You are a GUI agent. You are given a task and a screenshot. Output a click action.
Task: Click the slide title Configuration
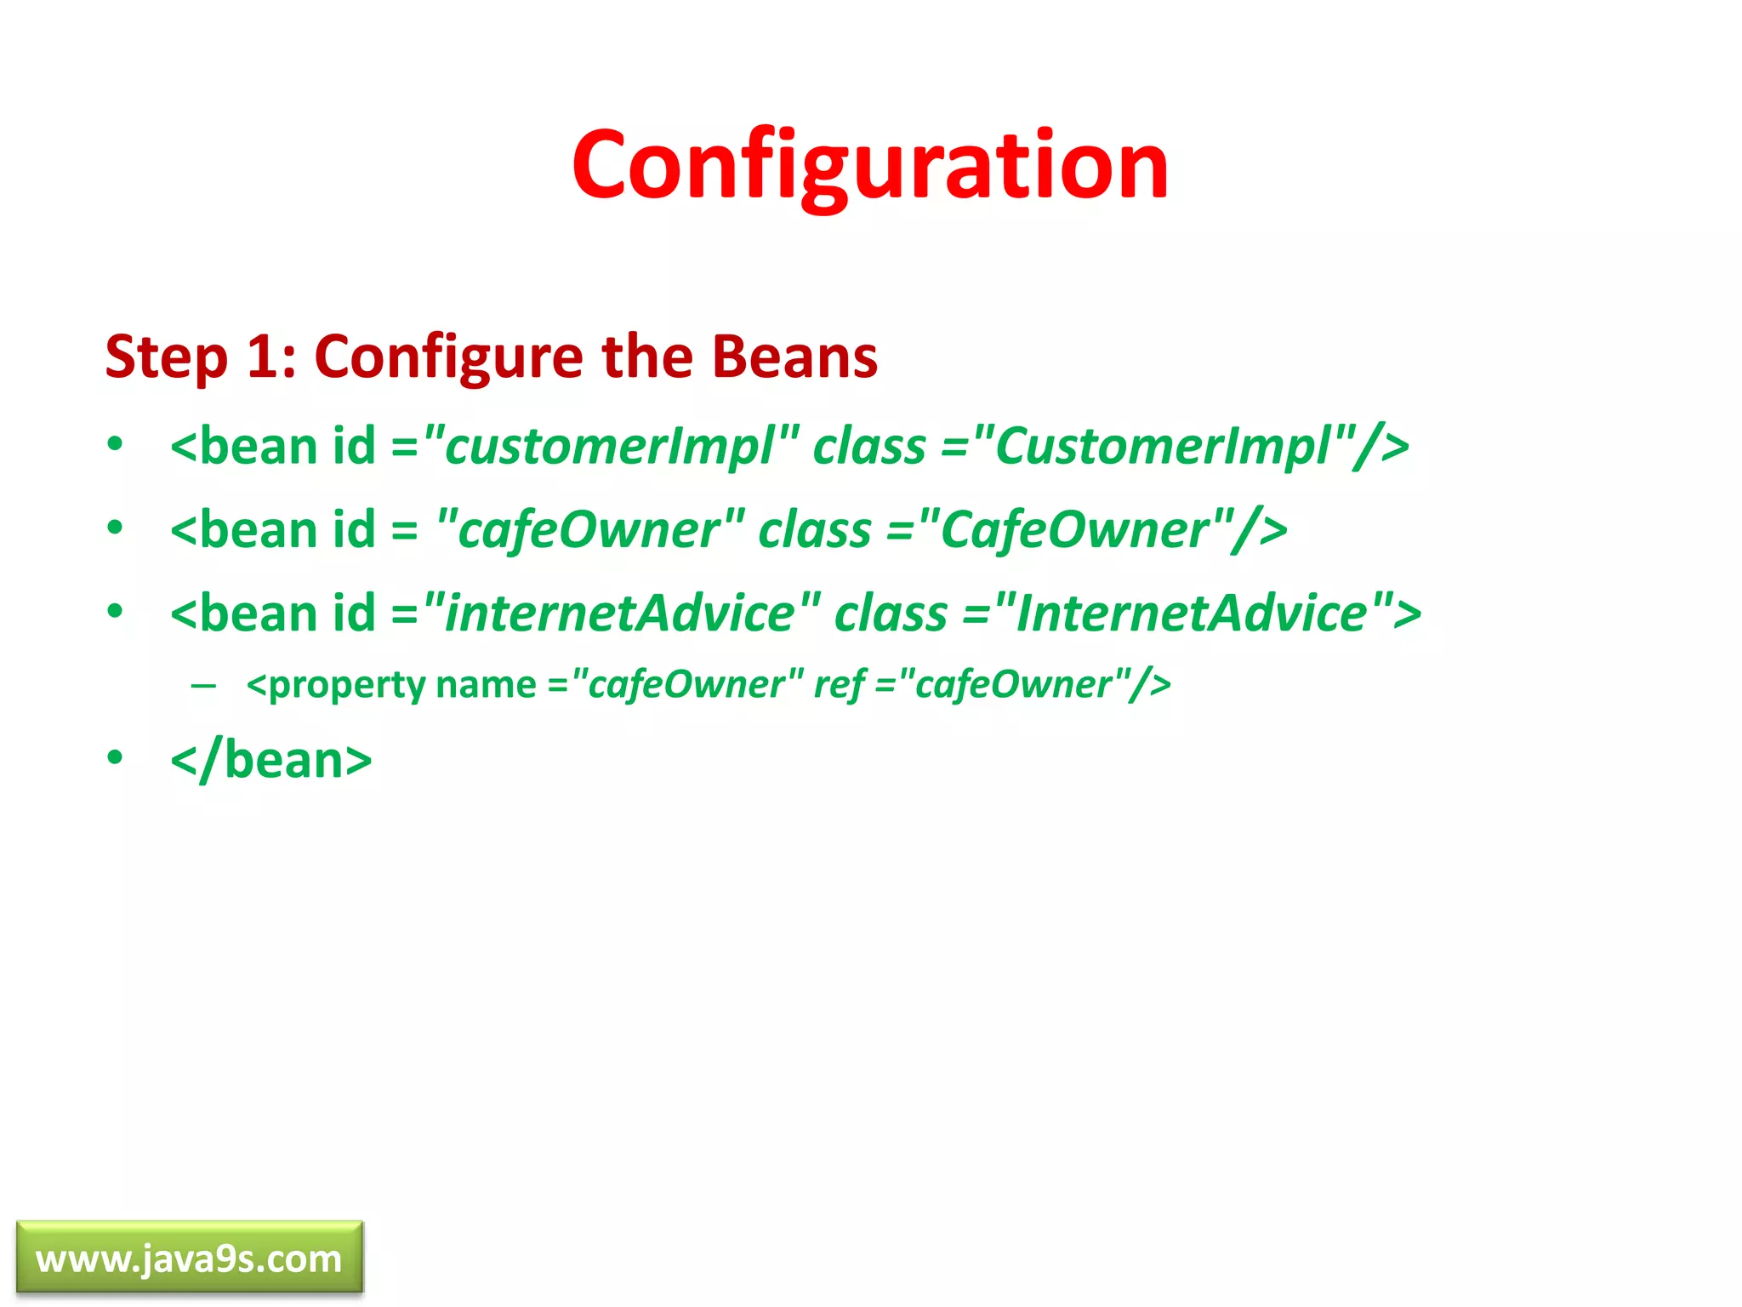pyautogui.click(x=870, y=165)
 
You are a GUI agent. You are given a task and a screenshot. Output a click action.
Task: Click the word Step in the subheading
pyautogui.click(x=167, y=357)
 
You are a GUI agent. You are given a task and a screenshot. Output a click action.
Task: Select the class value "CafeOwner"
pyautogui.click(x=1075, y=529)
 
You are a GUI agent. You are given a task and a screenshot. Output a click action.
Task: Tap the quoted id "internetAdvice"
pyautogui.click(x=622, y=613)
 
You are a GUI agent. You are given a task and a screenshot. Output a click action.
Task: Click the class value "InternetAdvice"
pyautogui.click(x=1193, y=613)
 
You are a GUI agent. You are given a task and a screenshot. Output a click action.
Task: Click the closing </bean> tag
pyautogui.click(x=271, y=760)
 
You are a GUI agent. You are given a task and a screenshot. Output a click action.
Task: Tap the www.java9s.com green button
pyautogui.click(x=189, y=1258)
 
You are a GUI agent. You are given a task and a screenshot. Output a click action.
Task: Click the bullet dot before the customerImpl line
pyautogui.click(x=115, y=444)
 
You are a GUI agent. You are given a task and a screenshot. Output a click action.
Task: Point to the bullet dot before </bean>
pyautogui.click(x=115, y=756)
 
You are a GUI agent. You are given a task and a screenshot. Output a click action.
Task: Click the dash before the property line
pyautogui.click(x=203, y=685)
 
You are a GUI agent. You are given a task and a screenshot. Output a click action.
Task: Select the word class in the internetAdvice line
pyautogui.click(x=891, y=613)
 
